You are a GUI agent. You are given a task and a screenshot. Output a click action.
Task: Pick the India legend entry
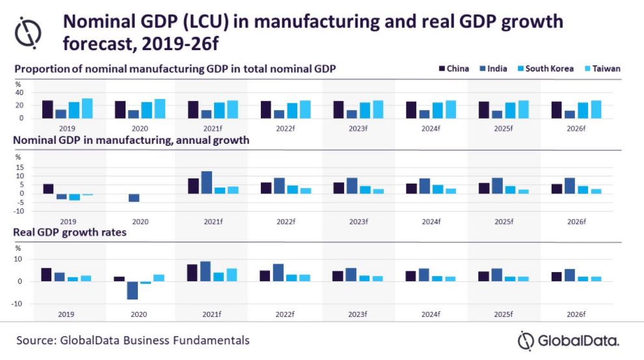pos(492,68)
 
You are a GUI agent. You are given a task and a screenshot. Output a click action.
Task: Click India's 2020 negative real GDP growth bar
pos(132,290)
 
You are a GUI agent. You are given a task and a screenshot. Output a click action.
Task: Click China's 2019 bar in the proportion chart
pos(47,109)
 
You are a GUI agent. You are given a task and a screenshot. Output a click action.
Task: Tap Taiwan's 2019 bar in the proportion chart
pos(87,108)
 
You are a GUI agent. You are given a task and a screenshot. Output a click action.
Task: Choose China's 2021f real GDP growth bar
pos(193,273)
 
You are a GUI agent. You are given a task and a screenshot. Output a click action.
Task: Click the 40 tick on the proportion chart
pos(20,92)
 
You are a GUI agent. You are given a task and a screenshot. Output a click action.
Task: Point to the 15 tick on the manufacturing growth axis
pos(20,167)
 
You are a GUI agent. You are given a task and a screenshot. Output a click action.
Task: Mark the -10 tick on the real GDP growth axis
pos(19,303)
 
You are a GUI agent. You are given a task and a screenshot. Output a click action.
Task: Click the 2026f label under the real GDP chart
pos(576,314)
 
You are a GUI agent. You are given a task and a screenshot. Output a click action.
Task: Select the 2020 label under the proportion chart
pos(141,129)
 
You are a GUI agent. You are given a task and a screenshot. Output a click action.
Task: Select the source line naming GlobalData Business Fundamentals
pos(133,340)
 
